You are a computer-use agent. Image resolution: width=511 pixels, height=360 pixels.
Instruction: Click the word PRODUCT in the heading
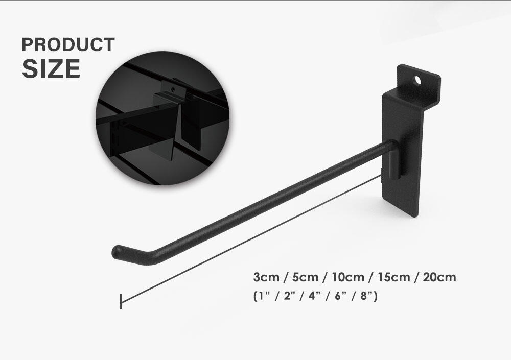click(68, 44)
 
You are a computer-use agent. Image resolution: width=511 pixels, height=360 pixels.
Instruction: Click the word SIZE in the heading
click(51, 69)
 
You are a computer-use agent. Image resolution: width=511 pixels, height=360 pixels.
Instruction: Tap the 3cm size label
click(266, 277)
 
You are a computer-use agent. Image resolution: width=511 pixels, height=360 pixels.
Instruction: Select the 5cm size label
click(305, 277)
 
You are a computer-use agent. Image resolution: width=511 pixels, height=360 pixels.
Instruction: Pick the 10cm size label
click(347, 277)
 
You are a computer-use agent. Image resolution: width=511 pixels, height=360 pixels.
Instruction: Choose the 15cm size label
click(393, 277)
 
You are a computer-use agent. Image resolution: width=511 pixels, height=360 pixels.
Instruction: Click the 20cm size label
click(439, 277)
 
